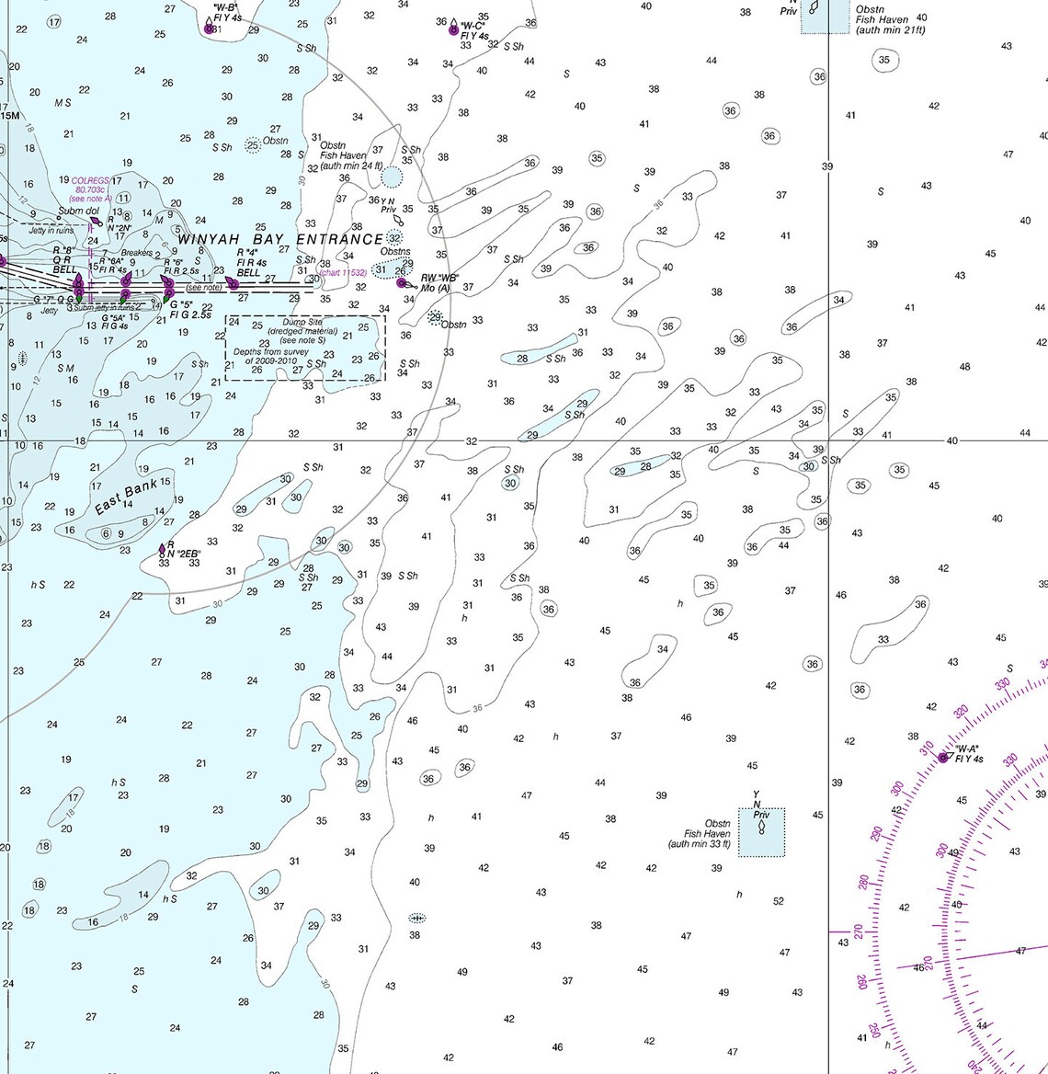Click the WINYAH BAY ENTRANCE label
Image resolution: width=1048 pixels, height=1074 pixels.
pos(279,239)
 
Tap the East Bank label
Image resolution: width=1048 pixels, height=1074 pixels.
pos(125,497)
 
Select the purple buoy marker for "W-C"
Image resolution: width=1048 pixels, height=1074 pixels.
pos(453,30)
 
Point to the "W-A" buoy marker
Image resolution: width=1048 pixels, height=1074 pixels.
pos(942,758)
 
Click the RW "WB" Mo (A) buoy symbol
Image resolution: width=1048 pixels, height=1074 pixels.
pos(402,282)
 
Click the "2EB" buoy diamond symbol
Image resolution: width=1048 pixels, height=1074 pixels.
pos(162,549)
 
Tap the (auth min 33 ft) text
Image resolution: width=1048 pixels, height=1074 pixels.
pos(700,844)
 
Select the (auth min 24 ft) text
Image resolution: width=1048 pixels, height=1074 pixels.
pos(351,166)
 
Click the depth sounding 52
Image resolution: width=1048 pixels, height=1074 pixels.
pos(779,901)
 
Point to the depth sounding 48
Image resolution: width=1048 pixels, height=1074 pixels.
pos(964,367)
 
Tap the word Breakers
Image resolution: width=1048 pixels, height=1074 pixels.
pos(137,253)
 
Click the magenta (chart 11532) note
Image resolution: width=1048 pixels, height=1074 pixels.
pos(342,272)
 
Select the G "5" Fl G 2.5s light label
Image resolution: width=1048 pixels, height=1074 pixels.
pos(188,310)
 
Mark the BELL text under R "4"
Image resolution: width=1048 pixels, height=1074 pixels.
pos(248,273)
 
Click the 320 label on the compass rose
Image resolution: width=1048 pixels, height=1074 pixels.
pos(962,712)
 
